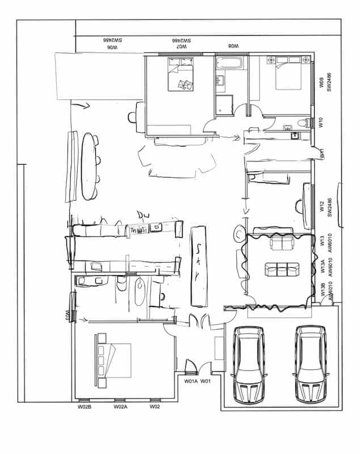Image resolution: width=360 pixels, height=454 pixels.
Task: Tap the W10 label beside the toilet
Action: [321, 121]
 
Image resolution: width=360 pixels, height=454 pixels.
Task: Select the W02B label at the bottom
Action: [84, 407]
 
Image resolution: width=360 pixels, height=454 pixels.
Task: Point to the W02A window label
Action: [120, 407]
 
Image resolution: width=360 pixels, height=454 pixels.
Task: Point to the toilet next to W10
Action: [307, 121]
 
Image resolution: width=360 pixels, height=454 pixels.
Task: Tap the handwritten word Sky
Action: [198, 264]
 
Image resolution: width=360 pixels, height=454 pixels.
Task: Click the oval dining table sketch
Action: [89, 166]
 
